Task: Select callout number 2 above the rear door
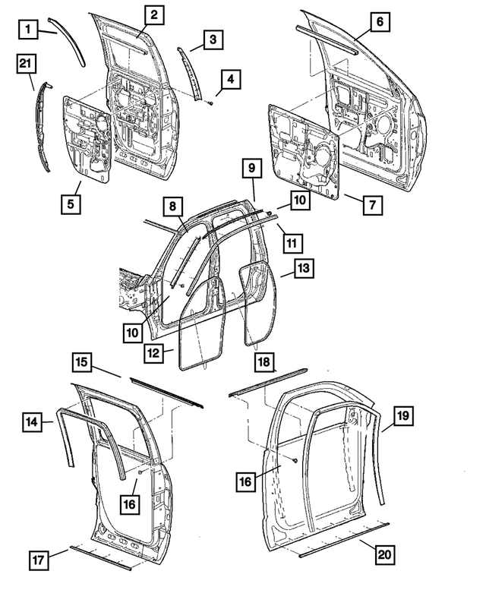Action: (x=153, y=14)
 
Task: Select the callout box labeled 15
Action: (x=84, y=363)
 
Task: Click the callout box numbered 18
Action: (x=264, y=363)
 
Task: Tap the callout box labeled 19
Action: (x=402, y=414)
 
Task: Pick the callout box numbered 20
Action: (x=386, y=554)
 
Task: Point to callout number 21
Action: (x=26, y=67)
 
